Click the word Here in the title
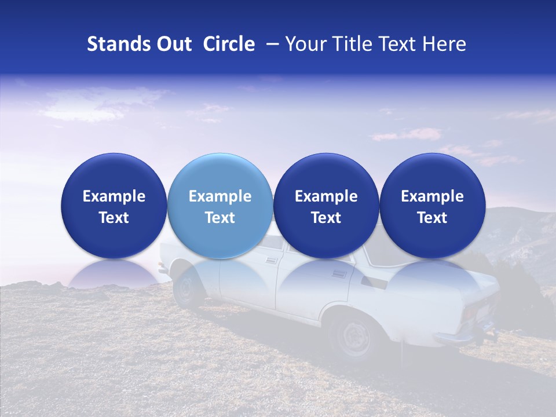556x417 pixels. point(444,44)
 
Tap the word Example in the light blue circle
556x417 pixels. point(220,196)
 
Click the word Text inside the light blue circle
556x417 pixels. point(220,218)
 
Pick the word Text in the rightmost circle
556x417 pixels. point(432,218)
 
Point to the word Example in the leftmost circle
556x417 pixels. point(114,196)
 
